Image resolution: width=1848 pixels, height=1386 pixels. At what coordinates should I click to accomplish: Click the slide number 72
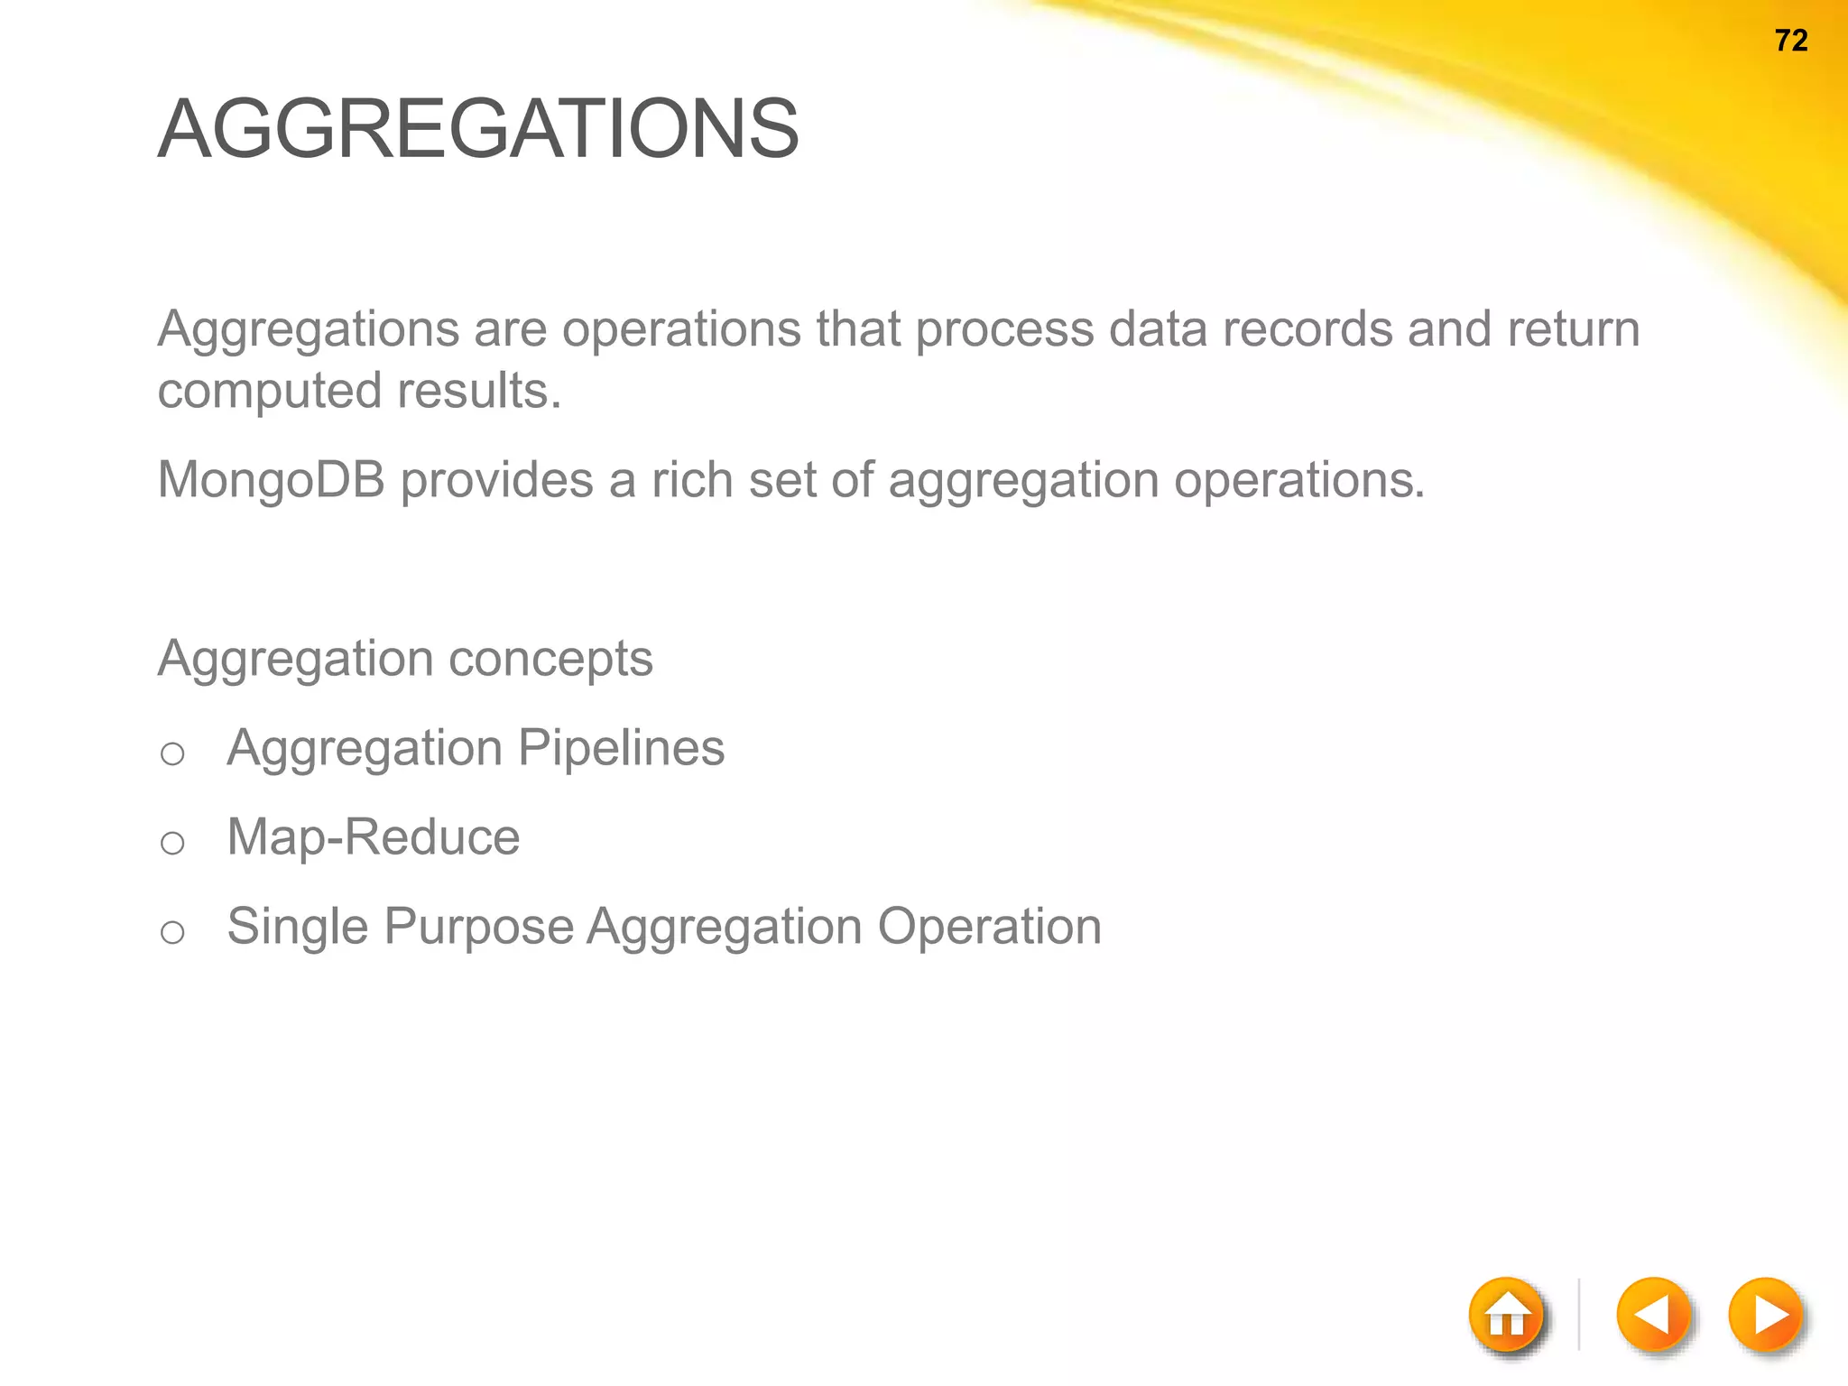click(1791, 41)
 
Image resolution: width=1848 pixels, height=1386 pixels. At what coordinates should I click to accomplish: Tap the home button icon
click(1507, 1317)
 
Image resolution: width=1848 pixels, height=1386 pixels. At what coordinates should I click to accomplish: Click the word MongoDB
click(271, 479)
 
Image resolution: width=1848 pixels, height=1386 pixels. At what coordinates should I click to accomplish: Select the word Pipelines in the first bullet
click(621, 748)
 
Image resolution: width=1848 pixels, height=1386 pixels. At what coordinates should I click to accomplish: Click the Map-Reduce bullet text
click(373, 837)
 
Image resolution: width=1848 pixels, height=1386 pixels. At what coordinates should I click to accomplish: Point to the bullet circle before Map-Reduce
click(172, 843)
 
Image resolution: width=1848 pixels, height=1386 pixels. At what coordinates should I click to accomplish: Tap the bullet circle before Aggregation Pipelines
click(172, 753)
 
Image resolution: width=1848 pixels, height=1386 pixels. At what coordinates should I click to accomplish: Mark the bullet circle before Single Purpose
click(172, 932)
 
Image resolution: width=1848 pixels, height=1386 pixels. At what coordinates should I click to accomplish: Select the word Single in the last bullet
click(297, 927)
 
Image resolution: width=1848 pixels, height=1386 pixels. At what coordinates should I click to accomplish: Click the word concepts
click(550, 659)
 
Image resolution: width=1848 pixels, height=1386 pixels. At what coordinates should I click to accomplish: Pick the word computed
click(270, 392)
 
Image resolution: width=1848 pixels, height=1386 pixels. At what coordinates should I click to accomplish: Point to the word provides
click(496, 479)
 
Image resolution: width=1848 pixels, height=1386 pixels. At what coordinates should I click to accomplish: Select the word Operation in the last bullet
click(989, 927)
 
